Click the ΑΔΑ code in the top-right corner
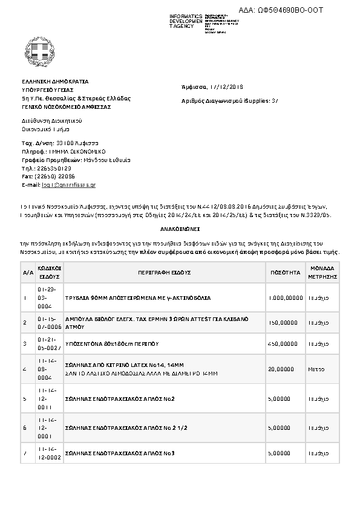click(290, 10)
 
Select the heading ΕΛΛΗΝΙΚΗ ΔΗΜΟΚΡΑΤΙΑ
click(55, 80)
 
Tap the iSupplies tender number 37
click(275, 101)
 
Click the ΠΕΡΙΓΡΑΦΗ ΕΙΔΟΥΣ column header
click(163, 273)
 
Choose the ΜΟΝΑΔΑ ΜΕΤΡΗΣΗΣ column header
click(324, 273)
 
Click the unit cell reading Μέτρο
click(316, 368)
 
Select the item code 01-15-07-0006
click(49, 323)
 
